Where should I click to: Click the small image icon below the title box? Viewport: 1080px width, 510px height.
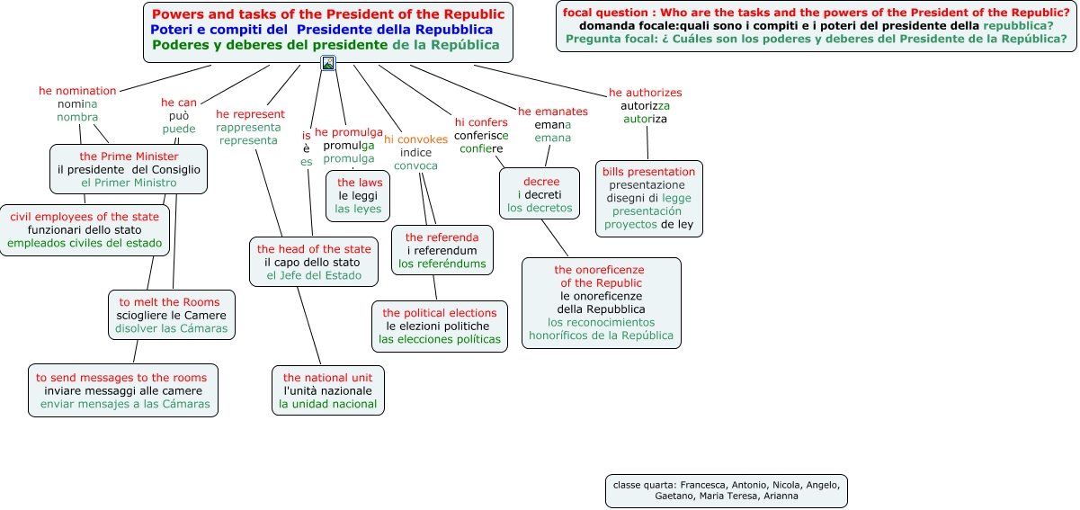(328, 63)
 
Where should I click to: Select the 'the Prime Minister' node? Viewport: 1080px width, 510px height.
(129, 169)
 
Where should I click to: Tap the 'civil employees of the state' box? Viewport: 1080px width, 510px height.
(85, 230)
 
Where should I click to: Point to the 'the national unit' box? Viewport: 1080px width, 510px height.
(327, 390)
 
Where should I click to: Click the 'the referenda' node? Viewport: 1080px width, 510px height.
(442, 250)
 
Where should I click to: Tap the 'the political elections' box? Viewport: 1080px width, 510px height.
(440, 326)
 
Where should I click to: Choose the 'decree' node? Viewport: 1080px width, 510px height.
(540, 194)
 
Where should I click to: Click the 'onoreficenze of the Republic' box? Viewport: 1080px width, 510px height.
(601, 302)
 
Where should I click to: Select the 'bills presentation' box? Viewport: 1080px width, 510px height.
(648, 198)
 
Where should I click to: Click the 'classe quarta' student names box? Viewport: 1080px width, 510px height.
(726, 490)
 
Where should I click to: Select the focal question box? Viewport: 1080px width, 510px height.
(816, 26)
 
